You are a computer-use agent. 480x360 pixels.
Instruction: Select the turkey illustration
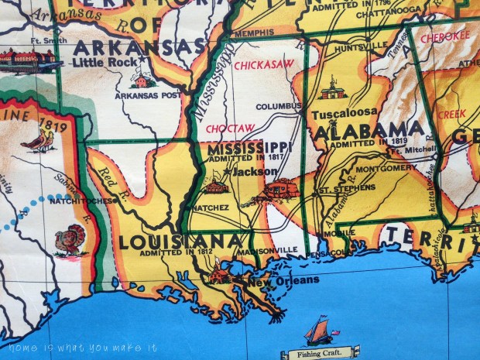[71, 239]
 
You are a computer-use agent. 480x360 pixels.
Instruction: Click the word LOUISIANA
[180, 242]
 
